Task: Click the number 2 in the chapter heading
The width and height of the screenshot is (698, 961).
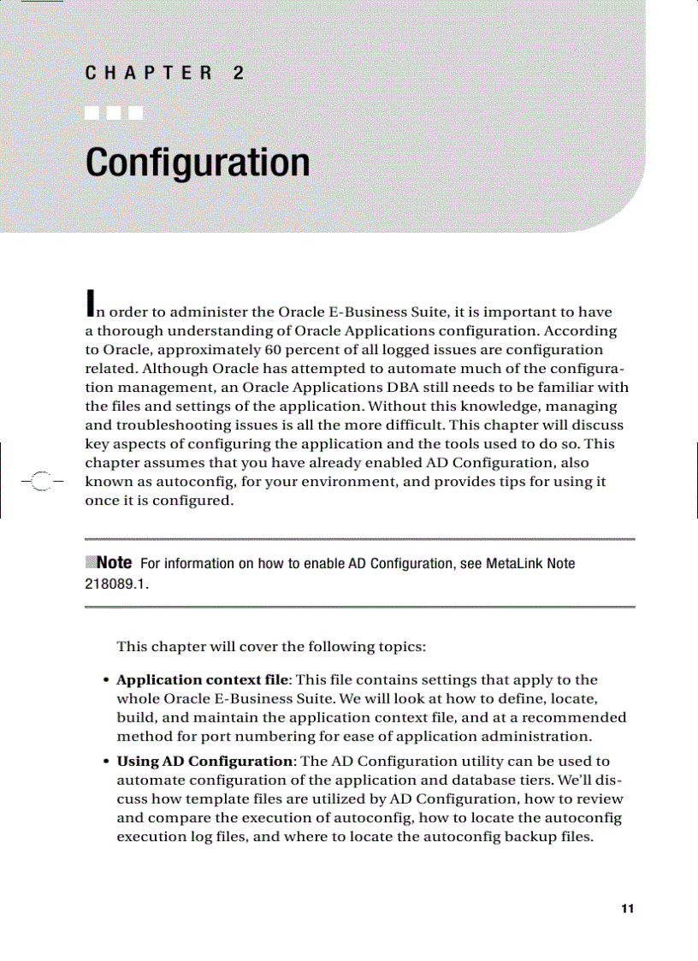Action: (238, 74)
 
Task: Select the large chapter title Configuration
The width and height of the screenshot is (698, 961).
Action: (198, 163)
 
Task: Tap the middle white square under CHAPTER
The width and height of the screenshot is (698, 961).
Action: (114, 113)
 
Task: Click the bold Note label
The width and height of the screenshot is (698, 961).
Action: (114, 562)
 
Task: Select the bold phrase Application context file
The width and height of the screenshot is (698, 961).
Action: (203, 680)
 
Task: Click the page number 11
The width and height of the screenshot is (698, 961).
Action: (628, 909)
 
